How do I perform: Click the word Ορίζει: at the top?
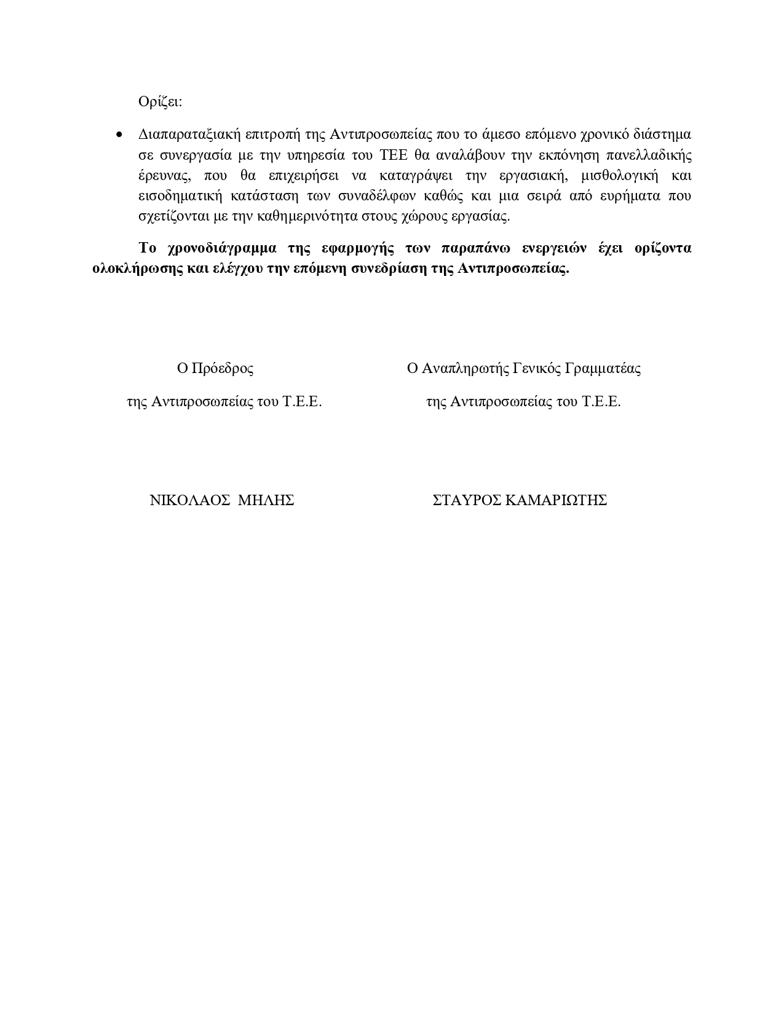tap(160, 102)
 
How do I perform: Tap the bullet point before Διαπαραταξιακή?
tap(120, 135)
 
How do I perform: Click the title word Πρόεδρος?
tap(223, 369)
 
